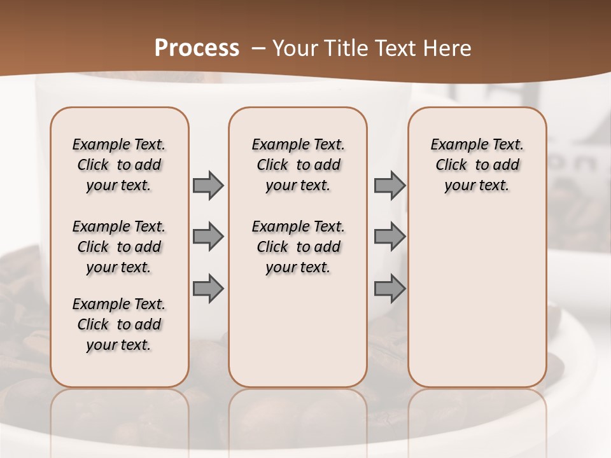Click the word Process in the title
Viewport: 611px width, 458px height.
tap(197, 48)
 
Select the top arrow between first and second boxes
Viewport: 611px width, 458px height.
tap(207, 185)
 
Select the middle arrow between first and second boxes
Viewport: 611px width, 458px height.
tap(207, 237)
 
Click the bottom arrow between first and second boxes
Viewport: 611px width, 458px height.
tap(207, 289)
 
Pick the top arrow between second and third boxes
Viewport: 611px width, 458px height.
tap(390, 185)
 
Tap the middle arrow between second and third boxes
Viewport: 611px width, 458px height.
tap(390, 237)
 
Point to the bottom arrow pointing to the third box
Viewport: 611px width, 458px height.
tap(390, 289)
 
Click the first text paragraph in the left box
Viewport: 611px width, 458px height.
tap(119, 165)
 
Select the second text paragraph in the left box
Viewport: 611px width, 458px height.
tap(119, 247)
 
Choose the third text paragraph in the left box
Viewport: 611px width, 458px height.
tap(119, 324)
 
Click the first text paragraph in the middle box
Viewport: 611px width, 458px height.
tap(298, 165)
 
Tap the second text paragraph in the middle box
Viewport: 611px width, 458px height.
tap(298, 247)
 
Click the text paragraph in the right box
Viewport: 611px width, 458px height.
tap(477, 165)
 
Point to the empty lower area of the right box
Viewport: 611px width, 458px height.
tap(477, 299)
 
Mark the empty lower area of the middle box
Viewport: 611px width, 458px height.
tap(298, 331)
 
